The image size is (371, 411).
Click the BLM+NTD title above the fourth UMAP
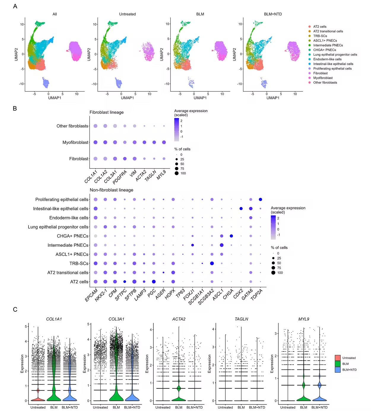click(x=273, y=14)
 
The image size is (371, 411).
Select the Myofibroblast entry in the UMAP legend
click(x=323, y=78)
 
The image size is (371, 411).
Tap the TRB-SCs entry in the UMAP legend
click(x=320, y=36)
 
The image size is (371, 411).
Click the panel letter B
click(x=15, y=109)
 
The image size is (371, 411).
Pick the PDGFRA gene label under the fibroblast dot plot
click(x=120, y=177)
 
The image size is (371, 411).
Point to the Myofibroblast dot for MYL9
click(x=164, y=142)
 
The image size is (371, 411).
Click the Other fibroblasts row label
click(x=72, y=126)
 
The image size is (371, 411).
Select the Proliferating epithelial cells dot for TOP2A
click(x=260, y=199)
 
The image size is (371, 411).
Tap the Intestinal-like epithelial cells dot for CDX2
click(x=241, y=208)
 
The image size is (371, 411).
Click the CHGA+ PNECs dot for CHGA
click(x=231, y=236)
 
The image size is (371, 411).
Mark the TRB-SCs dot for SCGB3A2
click(x=212, y=263)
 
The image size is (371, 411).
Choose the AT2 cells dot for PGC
click(x=154, y=281)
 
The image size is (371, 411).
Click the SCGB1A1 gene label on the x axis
click(x=196, y=297)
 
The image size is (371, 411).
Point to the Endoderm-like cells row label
click(x=69, y=218)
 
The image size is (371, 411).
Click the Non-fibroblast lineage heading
click(x=112, y=190)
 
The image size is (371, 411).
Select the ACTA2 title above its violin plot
click(x=179, y=319)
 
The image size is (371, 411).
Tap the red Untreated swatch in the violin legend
click(x=337, y=358)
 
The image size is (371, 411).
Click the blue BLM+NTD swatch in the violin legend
click(x=337, y=370)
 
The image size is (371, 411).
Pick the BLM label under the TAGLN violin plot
click(x=241, y=407)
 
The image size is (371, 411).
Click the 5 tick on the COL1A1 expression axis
click(x=26, y=326)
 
